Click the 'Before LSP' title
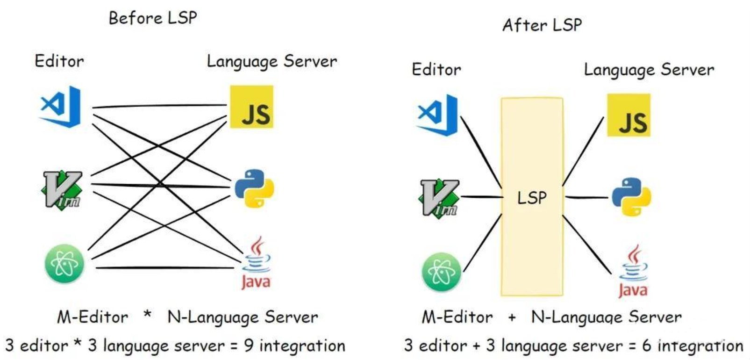click(153, 18)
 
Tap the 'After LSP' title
click(542, 25)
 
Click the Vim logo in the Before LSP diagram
click(63, 189)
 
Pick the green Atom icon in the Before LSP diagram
click(65, 264)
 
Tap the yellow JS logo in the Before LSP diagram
click(251, 107)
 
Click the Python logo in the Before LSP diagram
click(254, 188)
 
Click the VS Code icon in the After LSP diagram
click(438, 115)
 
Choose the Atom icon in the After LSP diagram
click(441, 272)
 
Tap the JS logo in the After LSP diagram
click(629, 115)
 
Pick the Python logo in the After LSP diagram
click(632, 197)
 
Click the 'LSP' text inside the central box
click(532, 197)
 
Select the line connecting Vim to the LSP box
click(481, 196)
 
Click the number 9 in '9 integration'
click(249, 346)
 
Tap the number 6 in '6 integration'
click(647, 346)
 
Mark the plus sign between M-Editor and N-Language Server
click(512, 317)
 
